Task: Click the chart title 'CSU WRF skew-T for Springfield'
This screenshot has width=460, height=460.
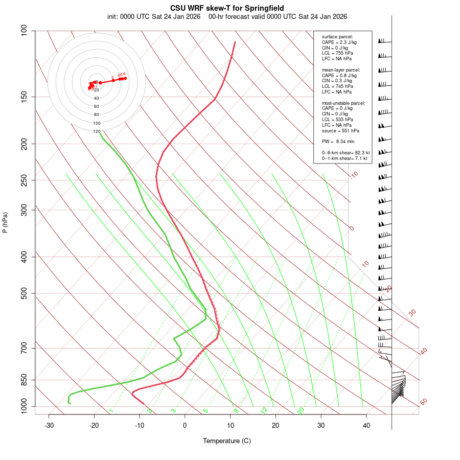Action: [227, 9]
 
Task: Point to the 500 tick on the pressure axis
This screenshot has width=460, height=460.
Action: [24, 293]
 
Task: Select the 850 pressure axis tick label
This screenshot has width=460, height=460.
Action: [24, 380]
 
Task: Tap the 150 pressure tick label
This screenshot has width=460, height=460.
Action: [24, 97]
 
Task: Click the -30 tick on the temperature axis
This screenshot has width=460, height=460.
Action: [49, 425]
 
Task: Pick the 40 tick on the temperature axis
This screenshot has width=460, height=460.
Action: [366, 425]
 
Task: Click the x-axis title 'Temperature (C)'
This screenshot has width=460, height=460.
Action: [227, 441]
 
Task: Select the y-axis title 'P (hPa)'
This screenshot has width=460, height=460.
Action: [5, 222]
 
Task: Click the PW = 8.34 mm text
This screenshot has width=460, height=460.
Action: [338, 141]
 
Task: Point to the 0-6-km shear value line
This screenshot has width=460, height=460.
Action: [346, 153]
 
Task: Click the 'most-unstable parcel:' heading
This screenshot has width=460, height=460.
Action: [343, 103]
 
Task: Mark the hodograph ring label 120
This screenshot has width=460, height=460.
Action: [97, 131]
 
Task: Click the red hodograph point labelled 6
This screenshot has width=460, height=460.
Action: [125, 78]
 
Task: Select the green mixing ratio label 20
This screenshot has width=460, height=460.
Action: [301, 410]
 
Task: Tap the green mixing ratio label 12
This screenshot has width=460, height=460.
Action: [264, 410]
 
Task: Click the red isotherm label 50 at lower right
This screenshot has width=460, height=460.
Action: [423, 402]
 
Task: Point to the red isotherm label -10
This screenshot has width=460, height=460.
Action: [354, 175]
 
